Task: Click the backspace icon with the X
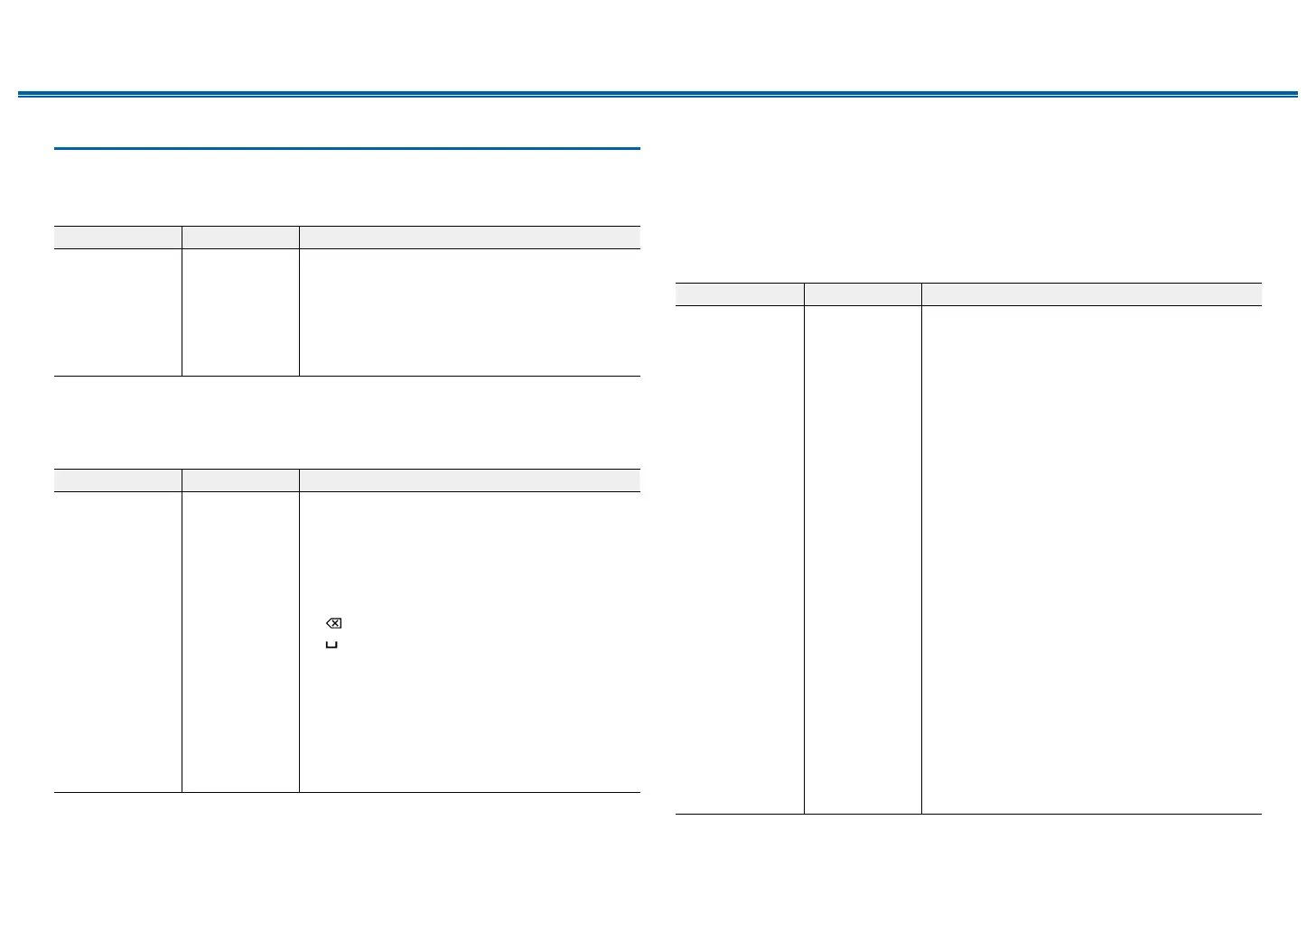(x=333, y=623)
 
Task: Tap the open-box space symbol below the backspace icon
(x=331, y=645)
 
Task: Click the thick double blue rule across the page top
(x=658, y=94)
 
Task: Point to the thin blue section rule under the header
(x=347, y=148)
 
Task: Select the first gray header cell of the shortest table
(x=117, y=237)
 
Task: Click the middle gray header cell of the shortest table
(x=240, y=237)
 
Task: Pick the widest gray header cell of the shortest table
(x=470, y=237)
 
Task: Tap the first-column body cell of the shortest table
(x=117, y=312)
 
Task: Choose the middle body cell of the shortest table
(x=240, y=312)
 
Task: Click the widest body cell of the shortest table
(x=470, y=312)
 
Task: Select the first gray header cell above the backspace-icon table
(x=117, y=480)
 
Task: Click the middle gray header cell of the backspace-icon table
(x=240, y=480)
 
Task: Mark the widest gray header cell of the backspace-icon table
(x=470, y=480)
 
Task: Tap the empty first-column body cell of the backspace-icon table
(x=117, y=641)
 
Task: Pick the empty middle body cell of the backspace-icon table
(x=240, y=641)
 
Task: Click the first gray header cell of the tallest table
(x=740, y=294)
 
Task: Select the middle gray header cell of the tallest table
(x=863, y=294)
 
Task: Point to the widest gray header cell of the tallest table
(x=1091, y=294)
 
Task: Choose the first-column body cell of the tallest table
(x=740, y=560)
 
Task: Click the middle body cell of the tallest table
(x=863, y=560)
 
